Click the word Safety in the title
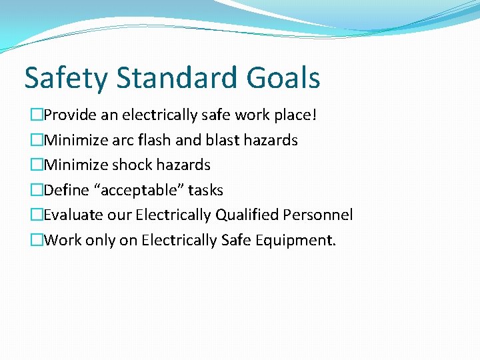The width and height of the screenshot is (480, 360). pyautogui.click(x=65, y=79)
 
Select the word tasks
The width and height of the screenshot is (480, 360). pyautogui.click(x=205, y=190)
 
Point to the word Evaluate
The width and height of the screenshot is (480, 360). pyautogui.click(x=71, y=215)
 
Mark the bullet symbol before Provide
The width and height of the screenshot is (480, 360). pyautogui.click(x=37, y=115)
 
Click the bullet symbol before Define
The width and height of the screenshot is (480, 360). pyautogui.click(x=37, y=190)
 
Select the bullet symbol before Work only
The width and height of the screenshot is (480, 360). pyautogui.click(x=37, y=240)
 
